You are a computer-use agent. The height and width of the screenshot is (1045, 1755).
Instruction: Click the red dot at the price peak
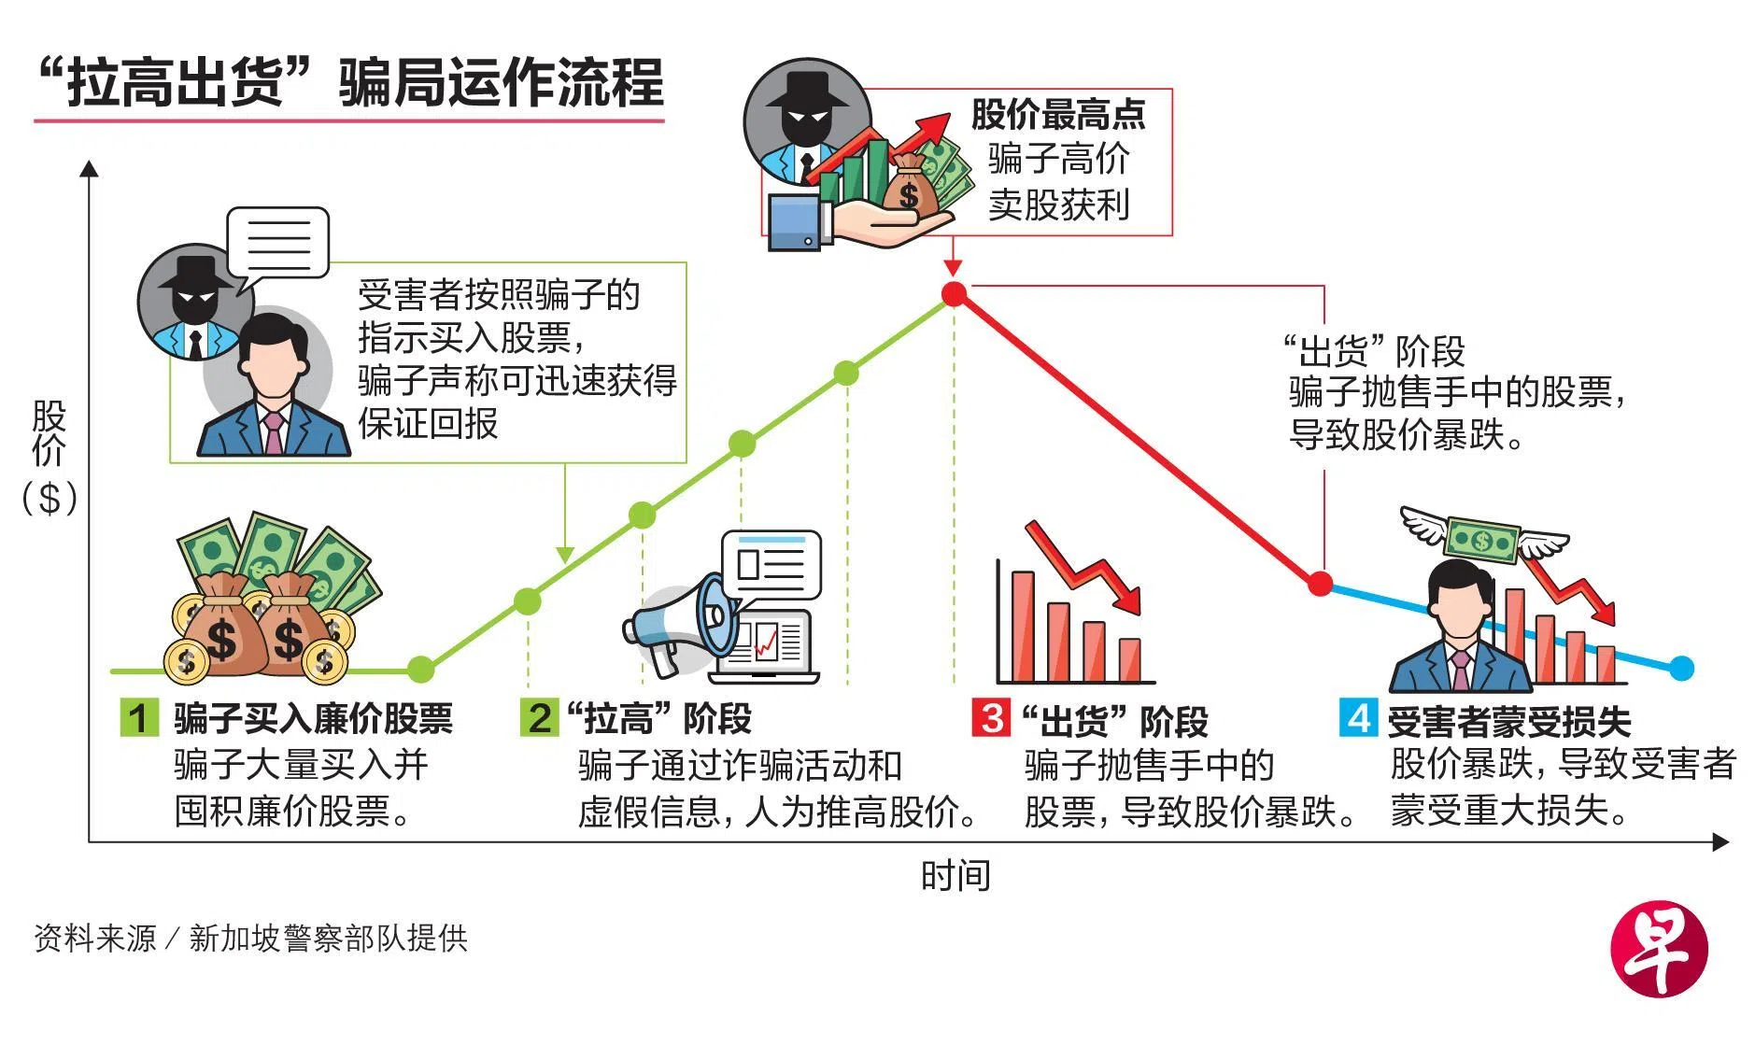coord(954,294)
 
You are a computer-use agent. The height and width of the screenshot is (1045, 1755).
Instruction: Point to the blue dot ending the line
coord(1680,668)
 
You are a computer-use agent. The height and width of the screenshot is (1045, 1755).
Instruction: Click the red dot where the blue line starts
coord(1320,584)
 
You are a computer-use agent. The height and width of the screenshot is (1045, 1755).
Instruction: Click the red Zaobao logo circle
coord(1659,949)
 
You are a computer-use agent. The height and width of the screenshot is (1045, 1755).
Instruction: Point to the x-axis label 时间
coord(955,876)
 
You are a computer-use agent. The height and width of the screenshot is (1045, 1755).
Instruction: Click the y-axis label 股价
coord(49,433)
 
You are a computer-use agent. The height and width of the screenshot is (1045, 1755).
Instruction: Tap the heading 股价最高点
coord(1057,114)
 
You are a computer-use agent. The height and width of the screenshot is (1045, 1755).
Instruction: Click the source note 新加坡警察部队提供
coord(328,938)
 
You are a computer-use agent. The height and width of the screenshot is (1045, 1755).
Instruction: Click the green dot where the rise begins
coord(420,669)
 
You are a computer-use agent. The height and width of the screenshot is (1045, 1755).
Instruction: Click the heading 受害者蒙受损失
coord(1509,721)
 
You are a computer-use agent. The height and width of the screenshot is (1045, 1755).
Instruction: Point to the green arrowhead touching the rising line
coord(564,555)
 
